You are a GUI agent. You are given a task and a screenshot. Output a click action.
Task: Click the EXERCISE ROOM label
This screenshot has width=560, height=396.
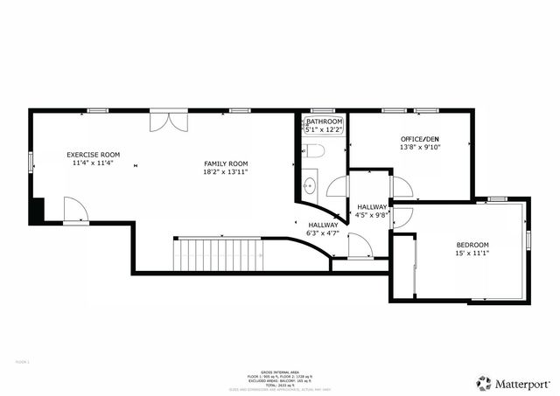point(94,155)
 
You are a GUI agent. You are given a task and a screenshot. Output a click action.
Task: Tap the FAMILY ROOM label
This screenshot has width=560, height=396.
point(226,163)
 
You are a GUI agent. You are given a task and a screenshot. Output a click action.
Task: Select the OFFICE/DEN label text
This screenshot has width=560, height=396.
point(420,139)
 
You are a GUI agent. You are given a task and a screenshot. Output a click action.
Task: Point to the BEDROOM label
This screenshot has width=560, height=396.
point(472,244)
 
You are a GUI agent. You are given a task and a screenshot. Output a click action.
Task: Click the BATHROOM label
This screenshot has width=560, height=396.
point(324,122)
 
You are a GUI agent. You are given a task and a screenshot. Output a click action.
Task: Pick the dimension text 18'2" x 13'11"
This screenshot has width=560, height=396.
point(226,172)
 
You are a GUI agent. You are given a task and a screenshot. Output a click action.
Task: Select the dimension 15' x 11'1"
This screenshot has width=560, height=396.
point(472,254)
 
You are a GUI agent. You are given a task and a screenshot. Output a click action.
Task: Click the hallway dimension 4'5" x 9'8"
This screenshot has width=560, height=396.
point(372,215)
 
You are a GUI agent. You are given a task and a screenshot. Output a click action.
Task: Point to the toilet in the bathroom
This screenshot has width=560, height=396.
point(316,151)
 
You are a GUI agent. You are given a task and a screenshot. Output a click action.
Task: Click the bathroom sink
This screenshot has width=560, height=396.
point(309,185)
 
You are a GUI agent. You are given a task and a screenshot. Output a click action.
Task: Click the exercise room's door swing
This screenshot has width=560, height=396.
point(75,210)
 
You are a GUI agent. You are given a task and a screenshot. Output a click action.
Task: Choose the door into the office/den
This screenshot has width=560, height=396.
point(401,186)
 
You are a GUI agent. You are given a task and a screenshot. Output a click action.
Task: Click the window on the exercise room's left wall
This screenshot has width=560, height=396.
point(31,161)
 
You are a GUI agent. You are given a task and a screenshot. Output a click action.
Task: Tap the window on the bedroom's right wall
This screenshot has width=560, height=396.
point(528,239)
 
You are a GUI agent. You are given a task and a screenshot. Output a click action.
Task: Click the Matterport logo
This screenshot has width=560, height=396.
point(514,383)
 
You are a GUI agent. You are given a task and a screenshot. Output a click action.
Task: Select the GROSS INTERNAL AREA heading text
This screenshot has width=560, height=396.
point(279,371)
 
